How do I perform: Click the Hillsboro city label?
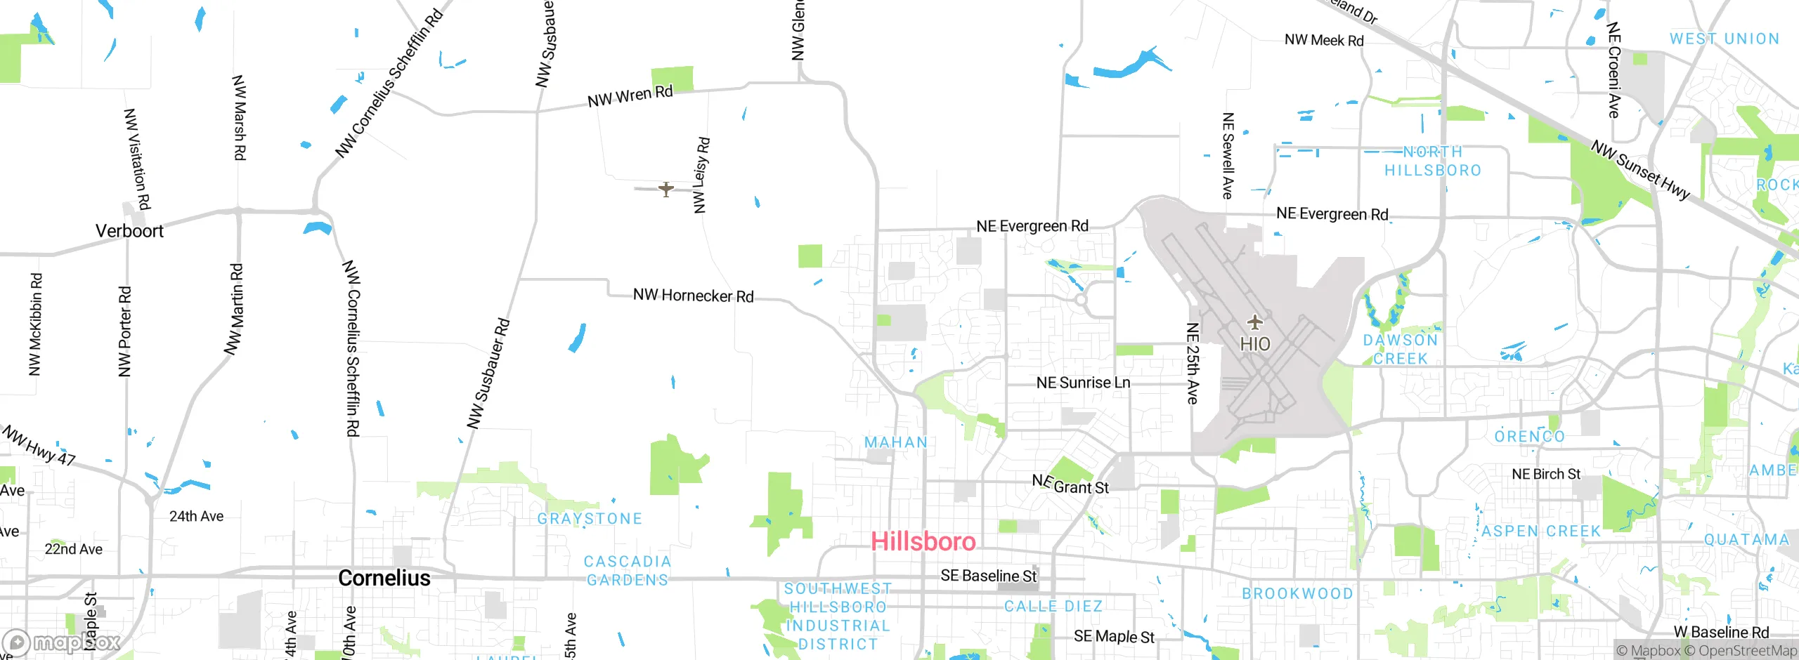click(923, 541)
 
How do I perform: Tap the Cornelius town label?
click(384, 578)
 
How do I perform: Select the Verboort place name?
click(129, 231)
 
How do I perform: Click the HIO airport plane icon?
click(1254, 323)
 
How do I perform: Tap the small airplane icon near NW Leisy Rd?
click(665, 189)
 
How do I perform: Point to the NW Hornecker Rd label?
click(693, 296)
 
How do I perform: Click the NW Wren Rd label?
click(630, 96)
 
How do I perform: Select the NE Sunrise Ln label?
click(1083, 383)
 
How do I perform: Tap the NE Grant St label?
click(1070, 484)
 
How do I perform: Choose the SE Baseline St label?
click(988, 576)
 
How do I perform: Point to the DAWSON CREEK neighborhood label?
click(1400, 349)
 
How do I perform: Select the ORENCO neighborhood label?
click(1529, 437)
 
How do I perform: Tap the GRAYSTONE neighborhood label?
click(590, 519)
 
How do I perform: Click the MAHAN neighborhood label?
click(896, 442)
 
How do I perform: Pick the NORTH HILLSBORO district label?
click(1433, 161)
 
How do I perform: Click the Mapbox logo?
click(62, 642)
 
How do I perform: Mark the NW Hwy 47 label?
click(39, 447)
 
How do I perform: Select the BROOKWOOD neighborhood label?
click(1297, 594)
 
